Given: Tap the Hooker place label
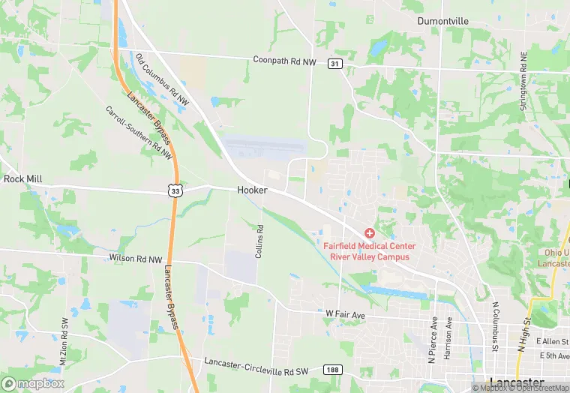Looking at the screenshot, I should [252, 190].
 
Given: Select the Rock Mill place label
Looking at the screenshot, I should [24, 179].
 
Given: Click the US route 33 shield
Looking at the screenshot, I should [174, 191].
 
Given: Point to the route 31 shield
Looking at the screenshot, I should [335, 64].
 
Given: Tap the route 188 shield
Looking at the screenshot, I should [333, 370].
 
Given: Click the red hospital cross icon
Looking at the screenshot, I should [370, 234].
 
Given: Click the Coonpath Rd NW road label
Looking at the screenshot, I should [285, 60].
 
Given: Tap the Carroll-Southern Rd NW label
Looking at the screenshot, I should [139, 132].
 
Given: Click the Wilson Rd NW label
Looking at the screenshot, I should [135, 259].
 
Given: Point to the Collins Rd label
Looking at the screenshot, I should [259, 242].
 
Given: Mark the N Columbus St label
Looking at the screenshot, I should [495, 328].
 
